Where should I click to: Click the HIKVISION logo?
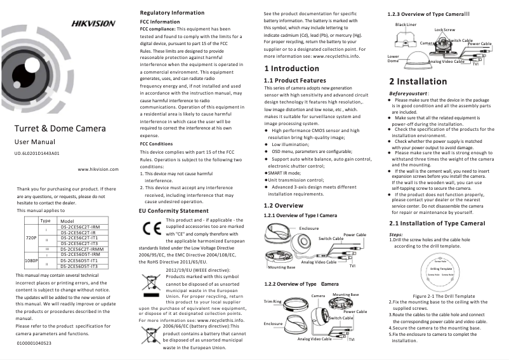click(x=93, y=23)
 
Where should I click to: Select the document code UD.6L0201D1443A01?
click(x=37, y=154)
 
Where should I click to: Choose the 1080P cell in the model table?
click(x=30, y=260)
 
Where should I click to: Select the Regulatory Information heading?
click(x=171, y=13)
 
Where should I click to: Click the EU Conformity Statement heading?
click(x=173, y=210)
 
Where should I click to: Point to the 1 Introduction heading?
click(x=291, y=69)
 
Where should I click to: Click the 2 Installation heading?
click(x=418, y=82)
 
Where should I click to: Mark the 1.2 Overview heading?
click(x=284, y=206)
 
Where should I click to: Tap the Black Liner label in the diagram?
click(x=406, y=24)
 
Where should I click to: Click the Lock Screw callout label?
click(x=444, y=30)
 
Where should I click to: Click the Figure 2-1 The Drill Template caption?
click(x=444, y=297)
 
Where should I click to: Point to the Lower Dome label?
click(x=393, y=58)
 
